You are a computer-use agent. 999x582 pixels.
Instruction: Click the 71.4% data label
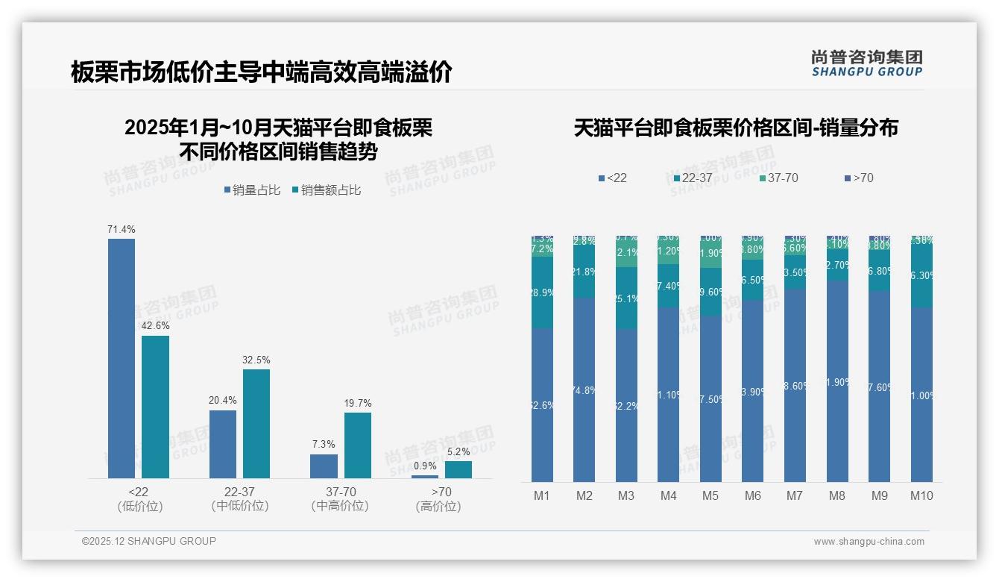tap(122, 229)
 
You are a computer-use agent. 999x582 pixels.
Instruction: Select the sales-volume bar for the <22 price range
tap(122, 358)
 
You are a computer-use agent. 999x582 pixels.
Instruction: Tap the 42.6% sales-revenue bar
tap(156, 407)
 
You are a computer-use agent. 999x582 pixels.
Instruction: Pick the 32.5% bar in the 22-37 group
tap(256, 423)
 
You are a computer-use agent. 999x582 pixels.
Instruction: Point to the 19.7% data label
tap(358, 403)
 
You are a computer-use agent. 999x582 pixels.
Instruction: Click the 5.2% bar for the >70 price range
tap(458, 469)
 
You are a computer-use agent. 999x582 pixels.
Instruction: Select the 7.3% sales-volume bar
tap(324, 466)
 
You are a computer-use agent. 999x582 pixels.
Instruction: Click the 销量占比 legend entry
tap(252, 190)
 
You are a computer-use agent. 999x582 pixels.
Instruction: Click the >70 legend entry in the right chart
tap(859, 178)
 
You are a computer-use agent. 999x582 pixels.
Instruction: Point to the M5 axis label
tap(710, 495)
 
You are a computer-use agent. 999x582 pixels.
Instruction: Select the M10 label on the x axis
tap(921, 495)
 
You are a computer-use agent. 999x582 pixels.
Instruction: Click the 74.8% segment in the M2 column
tap(584, 389)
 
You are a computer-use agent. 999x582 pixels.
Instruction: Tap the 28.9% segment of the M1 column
tap(542, 293)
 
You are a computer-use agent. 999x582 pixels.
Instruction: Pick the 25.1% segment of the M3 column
tap(626, 298)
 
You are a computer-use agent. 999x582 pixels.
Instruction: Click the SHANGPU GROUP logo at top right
tap(866, 63)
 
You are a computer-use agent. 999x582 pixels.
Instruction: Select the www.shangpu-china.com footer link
tap(869, 542)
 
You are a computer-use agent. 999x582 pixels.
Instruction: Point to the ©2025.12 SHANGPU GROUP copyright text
tap(149, 541)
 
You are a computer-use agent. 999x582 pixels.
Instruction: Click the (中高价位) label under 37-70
tap(340, 506)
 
